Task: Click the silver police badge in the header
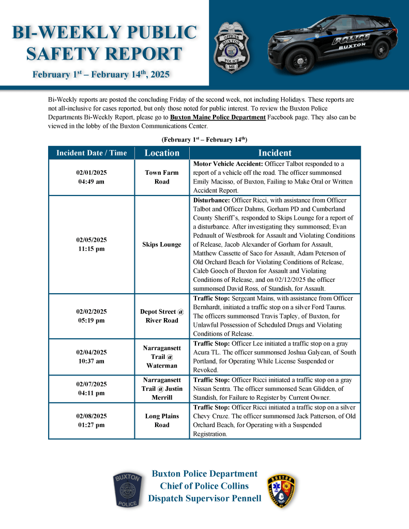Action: [x=231, y=46]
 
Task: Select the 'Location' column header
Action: [x=162, y=153]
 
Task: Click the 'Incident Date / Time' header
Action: [x=92, y=153]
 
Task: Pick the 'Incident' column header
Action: [x=275, y=153]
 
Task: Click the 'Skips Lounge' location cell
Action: [x=162, y=244]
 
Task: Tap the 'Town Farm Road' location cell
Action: [x=162, y=177]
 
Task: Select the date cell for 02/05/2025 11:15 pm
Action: [x=92, y=244]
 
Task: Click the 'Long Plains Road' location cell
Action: [x=162, y=421]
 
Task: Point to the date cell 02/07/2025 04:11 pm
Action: [x=92, y=388]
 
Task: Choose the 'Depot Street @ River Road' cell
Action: [x=162, y=316]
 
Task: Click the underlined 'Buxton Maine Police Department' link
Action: [x=218, y=117]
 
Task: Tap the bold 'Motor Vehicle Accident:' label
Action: [x=224, y=164]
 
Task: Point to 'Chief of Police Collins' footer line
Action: [x=204, y=486]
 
